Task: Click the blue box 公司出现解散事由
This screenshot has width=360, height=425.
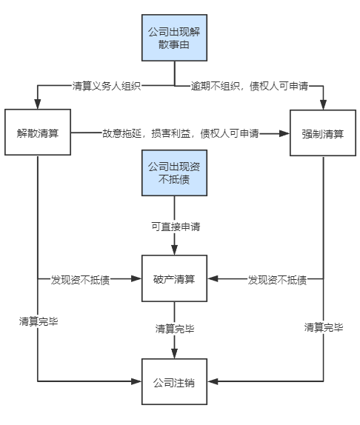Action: (x=174, y=38)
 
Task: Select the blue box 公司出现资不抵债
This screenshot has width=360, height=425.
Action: (x=174, y=173)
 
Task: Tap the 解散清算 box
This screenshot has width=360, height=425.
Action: (x=38, y=133)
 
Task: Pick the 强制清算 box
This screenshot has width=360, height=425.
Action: (x=323, y=133)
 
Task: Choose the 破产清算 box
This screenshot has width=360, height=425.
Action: (x=174, y=278)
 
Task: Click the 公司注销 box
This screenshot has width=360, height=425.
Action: (x=174, y=381)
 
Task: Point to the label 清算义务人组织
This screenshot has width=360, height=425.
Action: (x=107, y=86)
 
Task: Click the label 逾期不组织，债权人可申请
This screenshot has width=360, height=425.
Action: (x=250, y=86)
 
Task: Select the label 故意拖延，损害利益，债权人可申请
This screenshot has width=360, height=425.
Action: (x=180, y=133)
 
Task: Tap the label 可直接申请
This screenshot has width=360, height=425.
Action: (x=176, y=227)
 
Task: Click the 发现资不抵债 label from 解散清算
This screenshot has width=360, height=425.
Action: (x=80, y=280)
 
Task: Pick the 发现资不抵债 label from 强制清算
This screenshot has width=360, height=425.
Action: (x=277, y=280)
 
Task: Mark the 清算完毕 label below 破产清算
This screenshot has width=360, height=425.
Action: (x=175, y=329)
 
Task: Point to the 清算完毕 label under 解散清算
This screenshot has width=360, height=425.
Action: (x=39, y=321)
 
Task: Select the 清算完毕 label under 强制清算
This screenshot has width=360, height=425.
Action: (x=324, y=327)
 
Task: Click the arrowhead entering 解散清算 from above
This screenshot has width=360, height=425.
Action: (x=38, y=104)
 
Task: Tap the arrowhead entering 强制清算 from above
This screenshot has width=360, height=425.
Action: (x=323, y=105)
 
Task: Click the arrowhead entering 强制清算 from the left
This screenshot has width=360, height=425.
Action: (x=284, y=133)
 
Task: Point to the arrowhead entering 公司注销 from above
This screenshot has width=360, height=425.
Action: (x=174, y=354)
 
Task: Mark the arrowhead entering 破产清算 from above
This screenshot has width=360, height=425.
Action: (x=174, y=250)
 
